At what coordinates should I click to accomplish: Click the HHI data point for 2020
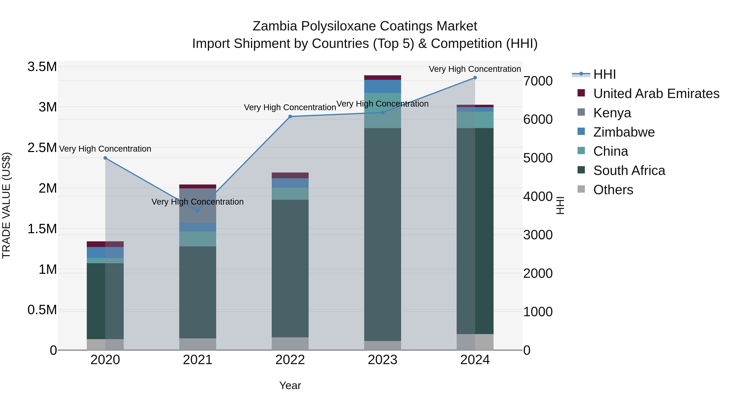[x=105, y=158]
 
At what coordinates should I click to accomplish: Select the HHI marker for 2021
[x=198, y=211]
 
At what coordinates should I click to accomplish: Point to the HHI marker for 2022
[x=290, y=117]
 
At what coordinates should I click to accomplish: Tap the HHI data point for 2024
[x=475, y=78]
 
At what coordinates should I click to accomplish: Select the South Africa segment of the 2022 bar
[x=290, y=268]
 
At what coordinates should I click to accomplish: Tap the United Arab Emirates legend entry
[x=656, y=94]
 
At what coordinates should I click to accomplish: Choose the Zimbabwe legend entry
[x=624, y=132]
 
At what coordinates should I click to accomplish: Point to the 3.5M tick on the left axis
[x=42, y=67]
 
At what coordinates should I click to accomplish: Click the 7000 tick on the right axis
[x=538, y=81]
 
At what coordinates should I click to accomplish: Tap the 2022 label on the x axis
[x=290, y=360]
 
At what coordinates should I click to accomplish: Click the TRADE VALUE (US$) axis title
[x=6, y=205]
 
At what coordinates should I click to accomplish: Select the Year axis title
[x=290, y=385]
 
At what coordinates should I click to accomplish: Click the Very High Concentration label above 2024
[x=475, y=69]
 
